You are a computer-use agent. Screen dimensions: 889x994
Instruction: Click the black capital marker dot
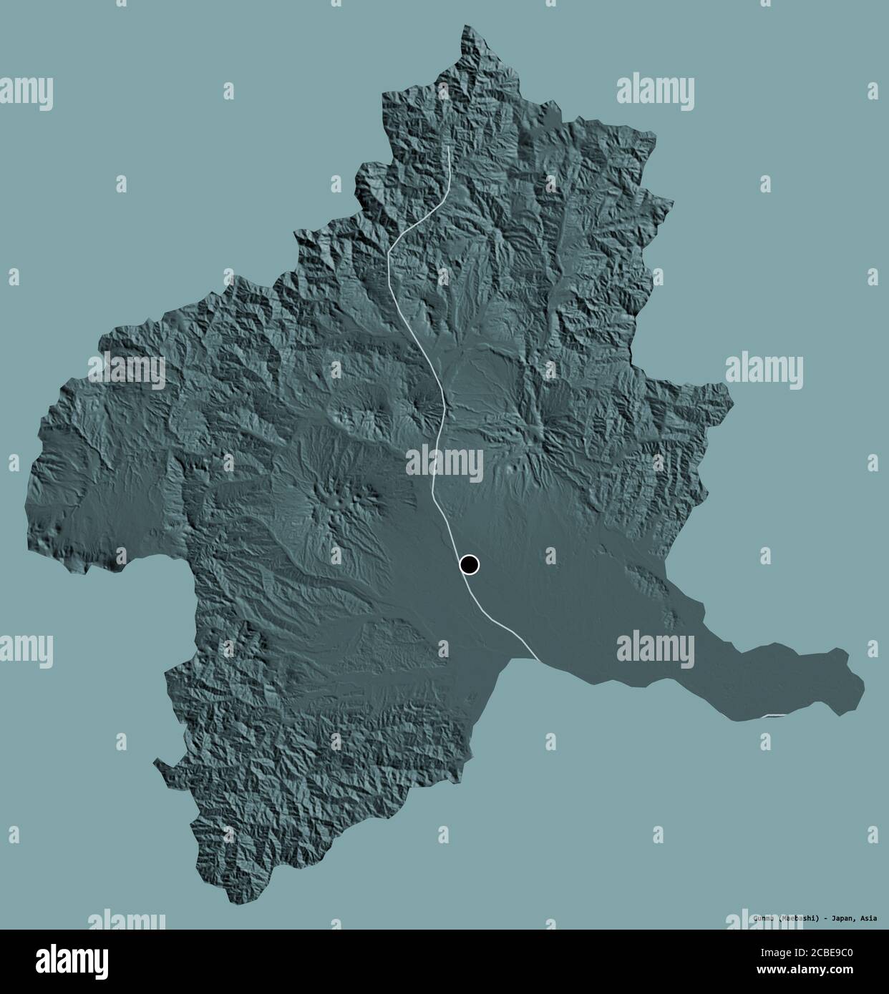pos(469,565)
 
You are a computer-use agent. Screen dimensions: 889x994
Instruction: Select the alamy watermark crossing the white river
pos(444,463)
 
